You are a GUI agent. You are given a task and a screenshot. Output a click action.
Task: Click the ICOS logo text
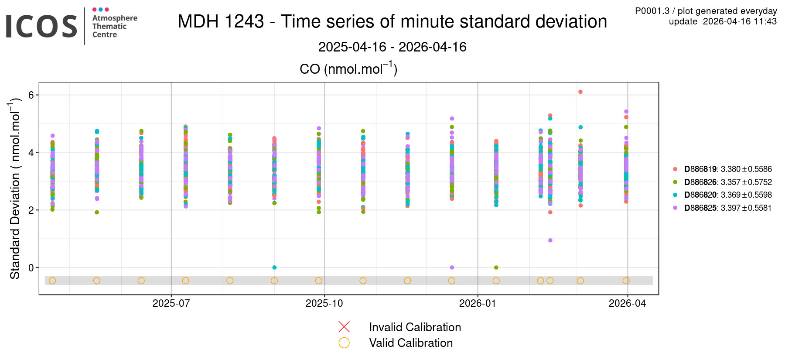click(x=41, y=26)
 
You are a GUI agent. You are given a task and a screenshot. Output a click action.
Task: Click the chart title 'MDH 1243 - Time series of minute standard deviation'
click(x=392, y=21)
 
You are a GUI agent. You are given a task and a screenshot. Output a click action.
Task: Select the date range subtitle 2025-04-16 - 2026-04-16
click(x=392, y=47)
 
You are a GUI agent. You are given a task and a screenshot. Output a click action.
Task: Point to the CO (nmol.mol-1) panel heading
click(x=348, y=69)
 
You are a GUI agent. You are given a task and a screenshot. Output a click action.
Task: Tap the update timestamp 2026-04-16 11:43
click(x=723, y=21)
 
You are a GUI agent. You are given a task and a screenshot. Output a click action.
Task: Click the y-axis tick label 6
click(x=31, y=95)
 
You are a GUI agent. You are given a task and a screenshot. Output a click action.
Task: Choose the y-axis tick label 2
click(x=31, y=210)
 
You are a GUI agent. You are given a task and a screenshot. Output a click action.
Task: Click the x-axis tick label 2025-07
click(x=171, y=303)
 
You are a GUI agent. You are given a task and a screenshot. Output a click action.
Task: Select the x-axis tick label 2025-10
click(x=324, y=303)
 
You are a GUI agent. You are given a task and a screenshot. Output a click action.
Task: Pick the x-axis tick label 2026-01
click(x=478, y=303)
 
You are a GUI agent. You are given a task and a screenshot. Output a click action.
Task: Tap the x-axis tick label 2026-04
click(x=627, y=303)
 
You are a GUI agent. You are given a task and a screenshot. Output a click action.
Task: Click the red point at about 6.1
click(x=580, y=92)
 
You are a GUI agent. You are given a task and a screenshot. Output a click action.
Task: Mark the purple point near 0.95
click(x=550, y=240)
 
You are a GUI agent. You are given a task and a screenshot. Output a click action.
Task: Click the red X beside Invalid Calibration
click(x=344, y=327)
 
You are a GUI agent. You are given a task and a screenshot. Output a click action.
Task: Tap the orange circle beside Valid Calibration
click(x=344, y=343)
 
